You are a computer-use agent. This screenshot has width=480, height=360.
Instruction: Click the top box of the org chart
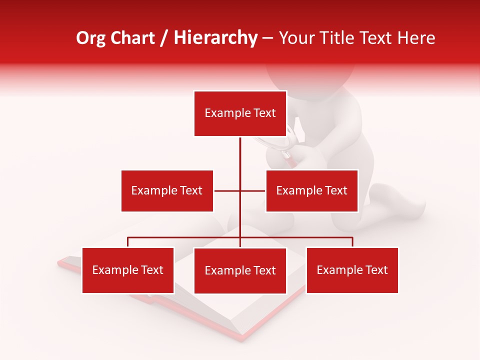240,113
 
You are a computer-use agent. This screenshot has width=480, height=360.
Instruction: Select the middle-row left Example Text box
167,190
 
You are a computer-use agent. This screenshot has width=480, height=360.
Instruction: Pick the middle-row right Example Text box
311,190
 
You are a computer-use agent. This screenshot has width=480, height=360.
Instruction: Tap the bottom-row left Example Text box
128,270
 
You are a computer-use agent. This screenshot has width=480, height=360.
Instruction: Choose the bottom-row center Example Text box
240,270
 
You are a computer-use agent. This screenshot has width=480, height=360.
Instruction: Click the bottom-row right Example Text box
352,270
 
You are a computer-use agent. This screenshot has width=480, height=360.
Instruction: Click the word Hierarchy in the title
215,38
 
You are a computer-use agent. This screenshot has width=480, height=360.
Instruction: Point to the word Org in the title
91,38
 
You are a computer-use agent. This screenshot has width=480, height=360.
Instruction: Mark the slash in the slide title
164,38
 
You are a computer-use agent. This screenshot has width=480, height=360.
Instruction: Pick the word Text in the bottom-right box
376,270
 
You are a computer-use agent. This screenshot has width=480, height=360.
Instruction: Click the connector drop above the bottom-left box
128,242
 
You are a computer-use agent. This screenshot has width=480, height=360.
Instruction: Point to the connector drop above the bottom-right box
352,242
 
